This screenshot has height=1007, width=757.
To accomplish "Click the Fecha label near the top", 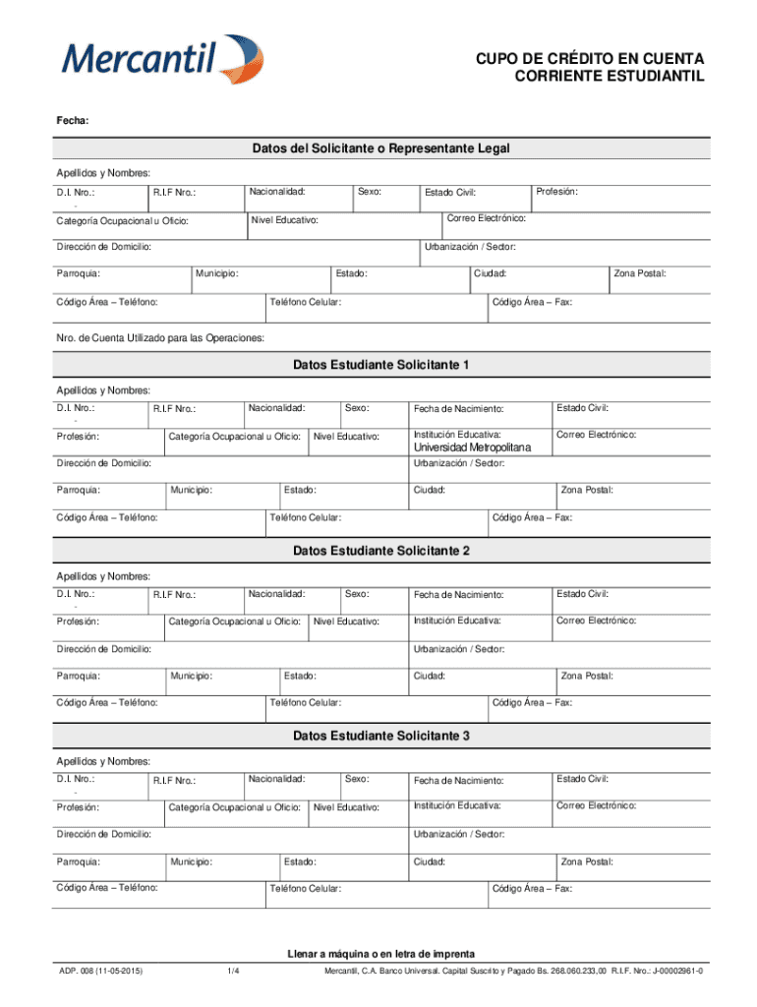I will [x=73, y=121].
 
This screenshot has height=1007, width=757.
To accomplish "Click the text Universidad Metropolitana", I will [x=472, y=447].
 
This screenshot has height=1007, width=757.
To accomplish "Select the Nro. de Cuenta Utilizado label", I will [x=159, y=337].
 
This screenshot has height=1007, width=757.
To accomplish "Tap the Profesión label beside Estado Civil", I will [x=556, y=191].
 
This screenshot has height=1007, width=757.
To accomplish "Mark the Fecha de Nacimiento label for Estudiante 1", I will [x=457, y=408].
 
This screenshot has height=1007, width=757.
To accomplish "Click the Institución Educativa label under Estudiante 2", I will [x=457, y=621].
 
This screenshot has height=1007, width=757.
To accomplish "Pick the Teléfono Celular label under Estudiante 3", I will [x=305, y=889].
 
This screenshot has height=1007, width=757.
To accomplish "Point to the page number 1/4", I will [x=233, y=973].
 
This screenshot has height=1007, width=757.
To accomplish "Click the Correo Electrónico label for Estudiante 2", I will [x=596, y=621].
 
